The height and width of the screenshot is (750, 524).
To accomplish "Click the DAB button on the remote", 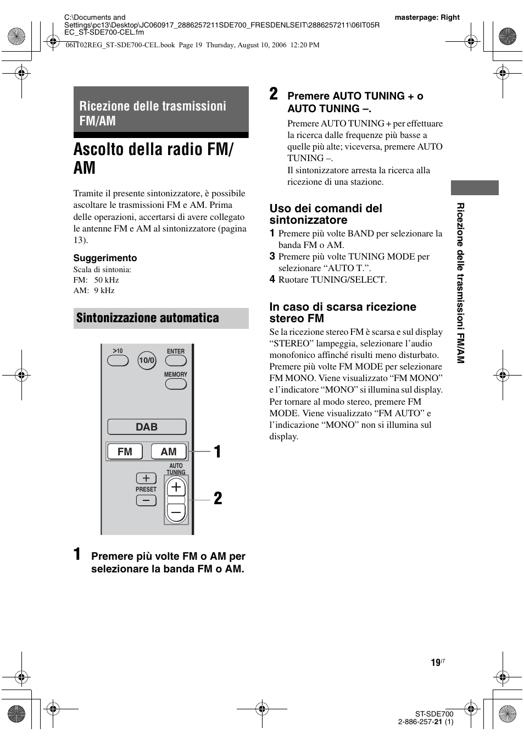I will click(147, 427).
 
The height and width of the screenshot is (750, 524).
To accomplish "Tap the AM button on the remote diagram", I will click(168, 451).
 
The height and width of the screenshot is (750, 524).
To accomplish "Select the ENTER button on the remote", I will click(176, 361).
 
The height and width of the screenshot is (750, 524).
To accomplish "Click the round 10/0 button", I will click(147, 361).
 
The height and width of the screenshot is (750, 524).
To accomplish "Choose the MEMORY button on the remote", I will click(176, 384).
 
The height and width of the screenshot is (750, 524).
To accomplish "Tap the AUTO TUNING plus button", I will click(176, 487).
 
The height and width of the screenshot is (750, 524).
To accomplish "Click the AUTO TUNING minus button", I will click(176, 512).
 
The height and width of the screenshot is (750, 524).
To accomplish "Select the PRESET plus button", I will click(146, 478).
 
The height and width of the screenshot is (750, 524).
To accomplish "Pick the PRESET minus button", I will click(146, 500).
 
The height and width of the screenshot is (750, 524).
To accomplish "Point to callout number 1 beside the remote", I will click(218, 452).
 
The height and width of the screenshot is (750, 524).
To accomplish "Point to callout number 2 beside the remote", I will click(218, 499).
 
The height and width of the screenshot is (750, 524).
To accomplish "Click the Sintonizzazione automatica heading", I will click(148, 318).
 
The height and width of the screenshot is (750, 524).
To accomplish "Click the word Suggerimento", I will click(105, 258).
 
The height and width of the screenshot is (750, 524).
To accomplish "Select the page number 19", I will click(436, 663).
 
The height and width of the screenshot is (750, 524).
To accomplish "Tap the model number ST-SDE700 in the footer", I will click(434, 714).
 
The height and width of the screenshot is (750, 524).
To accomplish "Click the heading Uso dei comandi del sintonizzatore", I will click(326, 214).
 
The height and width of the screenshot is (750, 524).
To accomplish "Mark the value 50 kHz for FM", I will click(107, 280).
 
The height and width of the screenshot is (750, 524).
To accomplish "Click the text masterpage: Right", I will click(427, 17).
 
